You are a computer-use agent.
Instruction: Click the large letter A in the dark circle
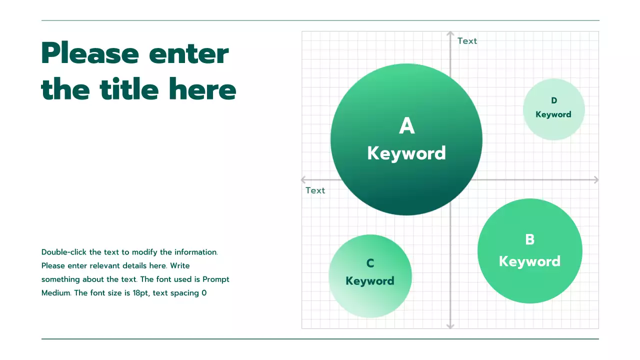click(x=406, y=126)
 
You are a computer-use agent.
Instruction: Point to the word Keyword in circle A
click(x=406, y=153)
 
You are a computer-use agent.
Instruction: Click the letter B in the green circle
click(x=530, y=239)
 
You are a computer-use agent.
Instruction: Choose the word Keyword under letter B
click(x=530, y=261)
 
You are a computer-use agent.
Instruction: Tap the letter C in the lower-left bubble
click(x=370, y=263)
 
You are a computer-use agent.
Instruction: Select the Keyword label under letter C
click(x=370, y=281)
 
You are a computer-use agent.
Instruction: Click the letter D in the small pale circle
click(x=554, y=101)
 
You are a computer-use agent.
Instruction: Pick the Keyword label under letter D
click(x=553, y=114)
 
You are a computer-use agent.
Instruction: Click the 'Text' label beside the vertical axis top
click(x=467, y=41)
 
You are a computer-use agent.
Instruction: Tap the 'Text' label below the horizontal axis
click(x=315, y=190)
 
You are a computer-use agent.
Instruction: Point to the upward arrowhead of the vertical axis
click(x=450, y=34)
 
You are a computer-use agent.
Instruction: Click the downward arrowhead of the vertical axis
click(x=450, y=326)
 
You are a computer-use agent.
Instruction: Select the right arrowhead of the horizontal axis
click(x=595, y=179)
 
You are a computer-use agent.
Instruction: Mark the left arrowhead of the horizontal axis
click(x=304, y=179)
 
